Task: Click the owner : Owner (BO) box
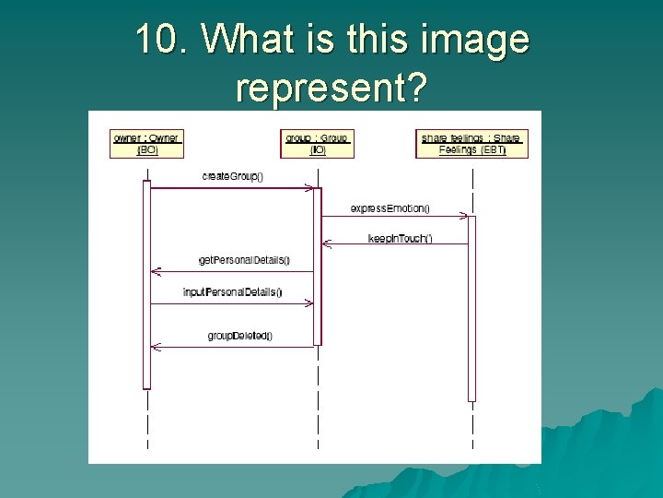tap(146, 144)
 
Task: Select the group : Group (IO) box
tap(317, 144)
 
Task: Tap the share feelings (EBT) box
tap(471, 144)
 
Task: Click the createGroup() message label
tap(233, 176)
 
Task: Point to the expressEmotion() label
tap(390, 208)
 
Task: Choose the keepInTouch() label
tap(399, 239)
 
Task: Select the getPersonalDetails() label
tap(244, 260)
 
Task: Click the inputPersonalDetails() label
tap(232, 292)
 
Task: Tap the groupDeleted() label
tap(240, 336)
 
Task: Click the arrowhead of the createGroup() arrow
tap(309, 188)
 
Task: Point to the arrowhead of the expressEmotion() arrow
tap(464, 217)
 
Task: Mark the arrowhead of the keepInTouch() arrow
tap(325, 244)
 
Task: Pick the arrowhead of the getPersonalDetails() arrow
tap(155, 272)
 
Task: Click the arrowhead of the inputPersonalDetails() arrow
tap(309, 302)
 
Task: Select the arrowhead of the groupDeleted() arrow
tap(155, 347)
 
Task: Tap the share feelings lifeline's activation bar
tap(471, 308)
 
